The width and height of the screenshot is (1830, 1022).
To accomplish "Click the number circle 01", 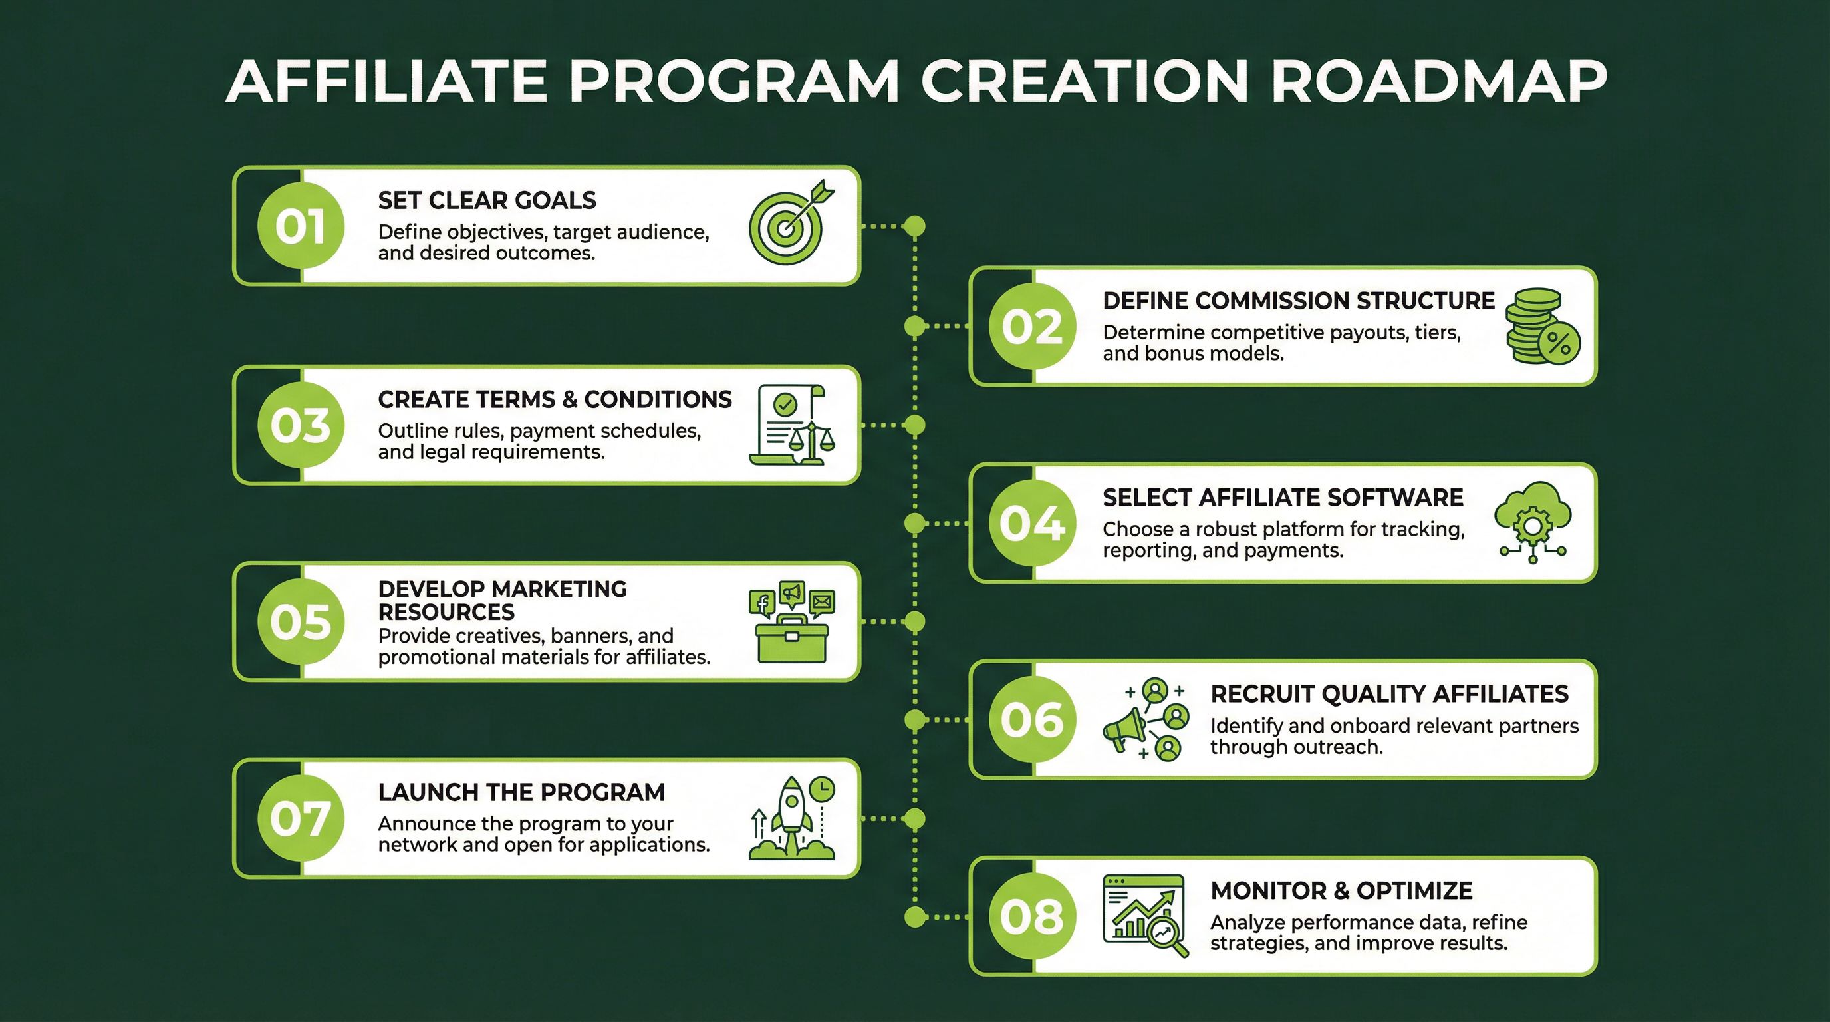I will pos(301,226).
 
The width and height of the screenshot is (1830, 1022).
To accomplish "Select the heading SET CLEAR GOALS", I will pos(487,200).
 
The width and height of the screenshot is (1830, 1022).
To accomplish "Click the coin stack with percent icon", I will pos(1542,326).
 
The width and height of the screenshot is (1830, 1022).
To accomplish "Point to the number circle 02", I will pos(1032,326).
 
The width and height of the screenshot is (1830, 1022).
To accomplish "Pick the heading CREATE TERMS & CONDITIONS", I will pos(554,399).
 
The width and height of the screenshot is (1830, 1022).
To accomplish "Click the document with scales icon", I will pos(791,425).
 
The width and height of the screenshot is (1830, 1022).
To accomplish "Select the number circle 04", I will pos(1032,523).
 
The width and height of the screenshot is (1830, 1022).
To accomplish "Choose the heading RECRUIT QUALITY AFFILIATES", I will pos(1389,694).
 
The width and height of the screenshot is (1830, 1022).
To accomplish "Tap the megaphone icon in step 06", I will pos(1124,729).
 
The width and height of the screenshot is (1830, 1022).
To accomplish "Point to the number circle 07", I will pos(301,817).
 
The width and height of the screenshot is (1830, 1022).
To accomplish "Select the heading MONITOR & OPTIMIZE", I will pos(1341,890).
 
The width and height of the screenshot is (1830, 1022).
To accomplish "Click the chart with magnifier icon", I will pos(1144,916).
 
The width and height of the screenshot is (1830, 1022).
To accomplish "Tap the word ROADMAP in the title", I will pos(1438,81).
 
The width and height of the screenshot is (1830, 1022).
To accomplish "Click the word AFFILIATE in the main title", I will pos(386,81).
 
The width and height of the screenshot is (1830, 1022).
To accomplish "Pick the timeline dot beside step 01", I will pos(915,226).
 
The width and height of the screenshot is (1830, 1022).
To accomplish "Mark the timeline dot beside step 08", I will pos(915,917).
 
